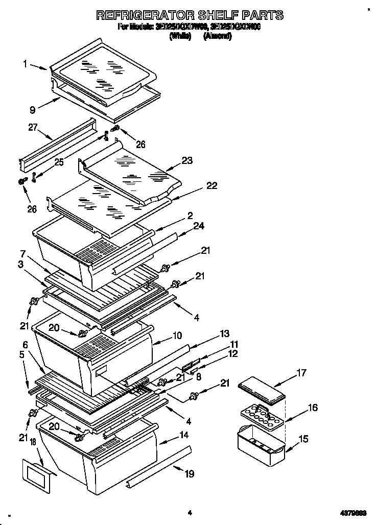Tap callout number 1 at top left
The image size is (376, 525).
pyautogui.click(x=25, y=64)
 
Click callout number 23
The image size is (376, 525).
pyautogui.click(x=187, y=160)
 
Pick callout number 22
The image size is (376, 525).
pyautogui.click(x=211, y=186)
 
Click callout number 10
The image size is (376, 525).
pyautogui.click(x=177, y=336)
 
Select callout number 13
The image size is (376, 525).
pyautogui.click(x=224, y=334)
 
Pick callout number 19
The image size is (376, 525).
pyautogui.click(x=189, y=474)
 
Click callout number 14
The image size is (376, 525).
pyautogui.click(x=182, y=435)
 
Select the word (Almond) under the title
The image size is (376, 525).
pyautogui.click(x=217, y=37)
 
